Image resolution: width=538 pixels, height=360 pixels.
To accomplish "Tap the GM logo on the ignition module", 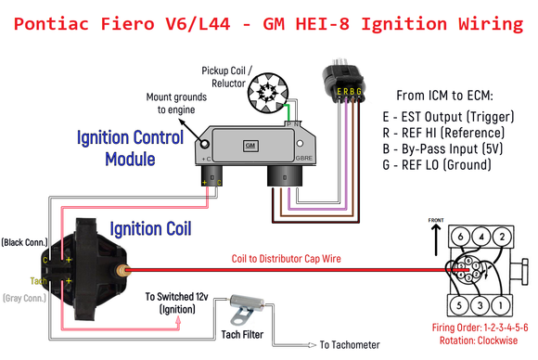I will pos(250,146).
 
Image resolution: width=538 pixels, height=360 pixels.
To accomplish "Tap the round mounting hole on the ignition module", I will pos(199,144).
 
